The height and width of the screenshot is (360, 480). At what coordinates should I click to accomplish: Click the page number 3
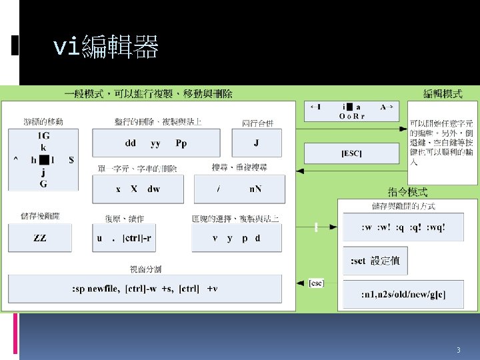458,350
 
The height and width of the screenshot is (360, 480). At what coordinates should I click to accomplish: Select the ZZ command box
40,238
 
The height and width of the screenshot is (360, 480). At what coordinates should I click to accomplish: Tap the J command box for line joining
256,143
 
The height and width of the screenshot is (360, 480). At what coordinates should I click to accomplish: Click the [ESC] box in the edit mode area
351,153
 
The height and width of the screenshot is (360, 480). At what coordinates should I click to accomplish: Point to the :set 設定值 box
375,261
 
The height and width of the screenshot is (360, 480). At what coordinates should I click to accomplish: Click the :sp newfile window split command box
145,289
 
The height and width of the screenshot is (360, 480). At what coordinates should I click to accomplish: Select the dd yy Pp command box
156,143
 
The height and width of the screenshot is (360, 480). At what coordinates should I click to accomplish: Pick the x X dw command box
138,189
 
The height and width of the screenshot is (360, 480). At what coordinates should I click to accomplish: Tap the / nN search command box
239,189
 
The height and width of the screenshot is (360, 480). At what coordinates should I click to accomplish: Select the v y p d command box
236,238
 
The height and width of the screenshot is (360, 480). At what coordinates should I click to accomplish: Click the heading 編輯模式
443,94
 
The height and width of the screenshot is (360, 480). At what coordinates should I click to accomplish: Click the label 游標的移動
43,121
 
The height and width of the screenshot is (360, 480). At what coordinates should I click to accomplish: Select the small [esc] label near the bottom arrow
316,283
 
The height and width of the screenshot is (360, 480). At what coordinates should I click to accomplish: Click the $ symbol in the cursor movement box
71,160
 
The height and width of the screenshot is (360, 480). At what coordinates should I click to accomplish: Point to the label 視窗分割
145,269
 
